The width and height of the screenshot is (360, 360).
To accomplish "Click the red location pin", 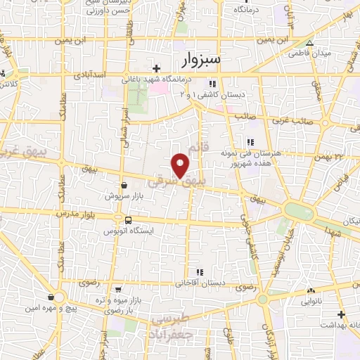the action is point(181,165).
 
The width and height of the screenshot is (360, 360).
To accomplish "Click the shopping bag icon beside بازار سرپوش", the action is point(124,185).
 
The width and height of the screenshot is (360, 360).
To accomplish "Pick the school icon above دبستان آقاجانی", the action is point(200,272).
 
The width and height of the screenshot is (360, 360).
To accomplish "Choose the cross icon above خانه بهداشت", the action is point(342,314).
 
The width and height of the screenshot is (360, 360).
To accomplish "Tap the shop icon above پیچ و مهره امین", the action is point(51,297).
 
